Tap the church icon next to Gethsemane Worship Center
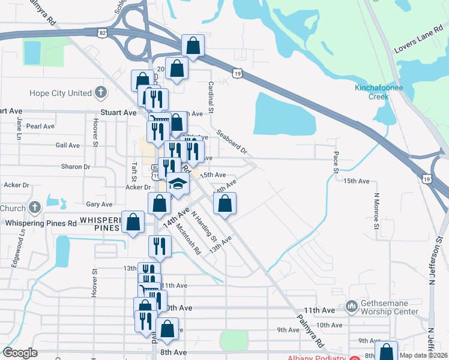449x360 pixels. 352,307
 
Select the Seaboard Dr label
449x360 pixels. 232,143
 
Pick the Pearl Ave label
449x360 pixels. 40,127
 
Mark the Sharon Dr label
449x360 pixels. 75,166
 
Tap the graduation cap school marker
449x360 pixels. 178,183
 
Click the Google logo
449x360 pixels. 20,353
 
